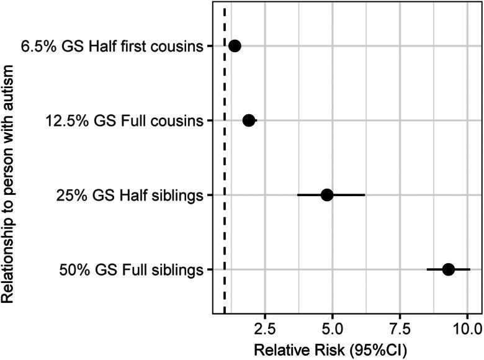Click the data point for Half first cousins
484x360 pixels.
(x=235, y=45)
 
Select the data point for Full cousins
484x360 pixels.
(x=249, y=120)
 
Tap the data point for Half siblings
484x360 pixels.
(x=327, y=195)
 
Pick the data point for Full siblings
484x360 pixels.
(x=448, y=269)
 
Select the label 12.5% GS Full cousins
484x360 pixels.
(x=125, y=121)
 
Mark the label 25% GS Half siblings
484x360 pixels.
(x=130, y=196)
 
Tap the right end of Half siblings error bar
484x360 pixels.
(x=365, y=195)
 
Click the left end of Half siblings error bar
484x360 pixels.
(x=298, y=195)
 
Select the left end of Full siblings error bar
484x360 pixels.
(x=427, y=269)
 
